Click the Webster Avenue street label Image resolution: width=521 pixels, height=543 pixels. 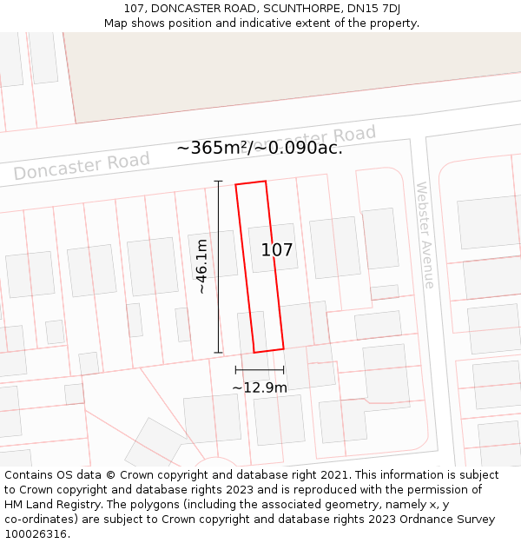[425, 235]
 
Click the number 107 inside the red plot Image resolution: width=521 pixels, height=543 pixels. [277, 250]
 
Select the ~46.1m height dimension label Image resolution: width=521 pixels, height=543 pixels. [201, 267]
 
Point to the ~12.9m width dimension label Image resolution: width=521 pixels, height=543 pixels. [259, 387]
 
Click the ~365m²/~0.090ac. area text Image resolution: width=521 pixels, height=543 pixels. [260, 148]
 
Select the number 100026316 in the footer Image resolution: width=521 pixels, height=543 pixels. [36, 534]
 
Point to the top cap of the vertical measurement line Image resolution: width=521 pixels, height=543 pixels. [218, 181]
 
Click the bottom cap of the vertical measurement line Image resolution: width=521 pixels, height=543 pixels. [218, 353]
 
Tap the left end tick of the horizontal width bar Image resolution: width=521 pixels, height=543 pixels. [235, 370]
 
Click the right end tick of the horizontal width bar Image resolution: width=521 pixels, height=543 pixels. [284, 370]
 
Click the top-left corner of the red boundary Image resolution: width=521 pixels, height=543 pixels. [236, 184]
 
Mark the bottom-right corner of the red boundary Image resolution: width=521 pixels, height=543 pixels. [283, 348]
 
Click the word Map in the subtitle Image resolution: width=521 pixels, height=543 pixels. [116, 23]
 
